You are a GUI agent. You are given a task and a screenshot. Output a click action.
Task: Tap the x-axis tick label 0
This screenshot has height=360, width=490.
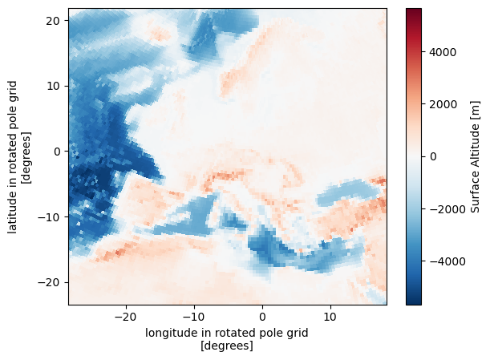[262, 318]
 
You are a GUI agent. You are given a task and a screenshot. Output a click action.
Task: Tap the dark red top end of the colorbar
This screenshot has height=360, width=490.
[415, 11]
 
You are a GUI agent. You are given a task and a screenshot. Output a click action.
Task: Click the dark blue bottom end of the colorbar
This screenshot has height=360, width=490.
[415, 301]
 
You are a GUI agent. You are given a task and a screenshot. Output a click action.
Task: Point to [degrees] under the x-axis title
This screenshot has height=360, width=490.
[228, 346]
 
